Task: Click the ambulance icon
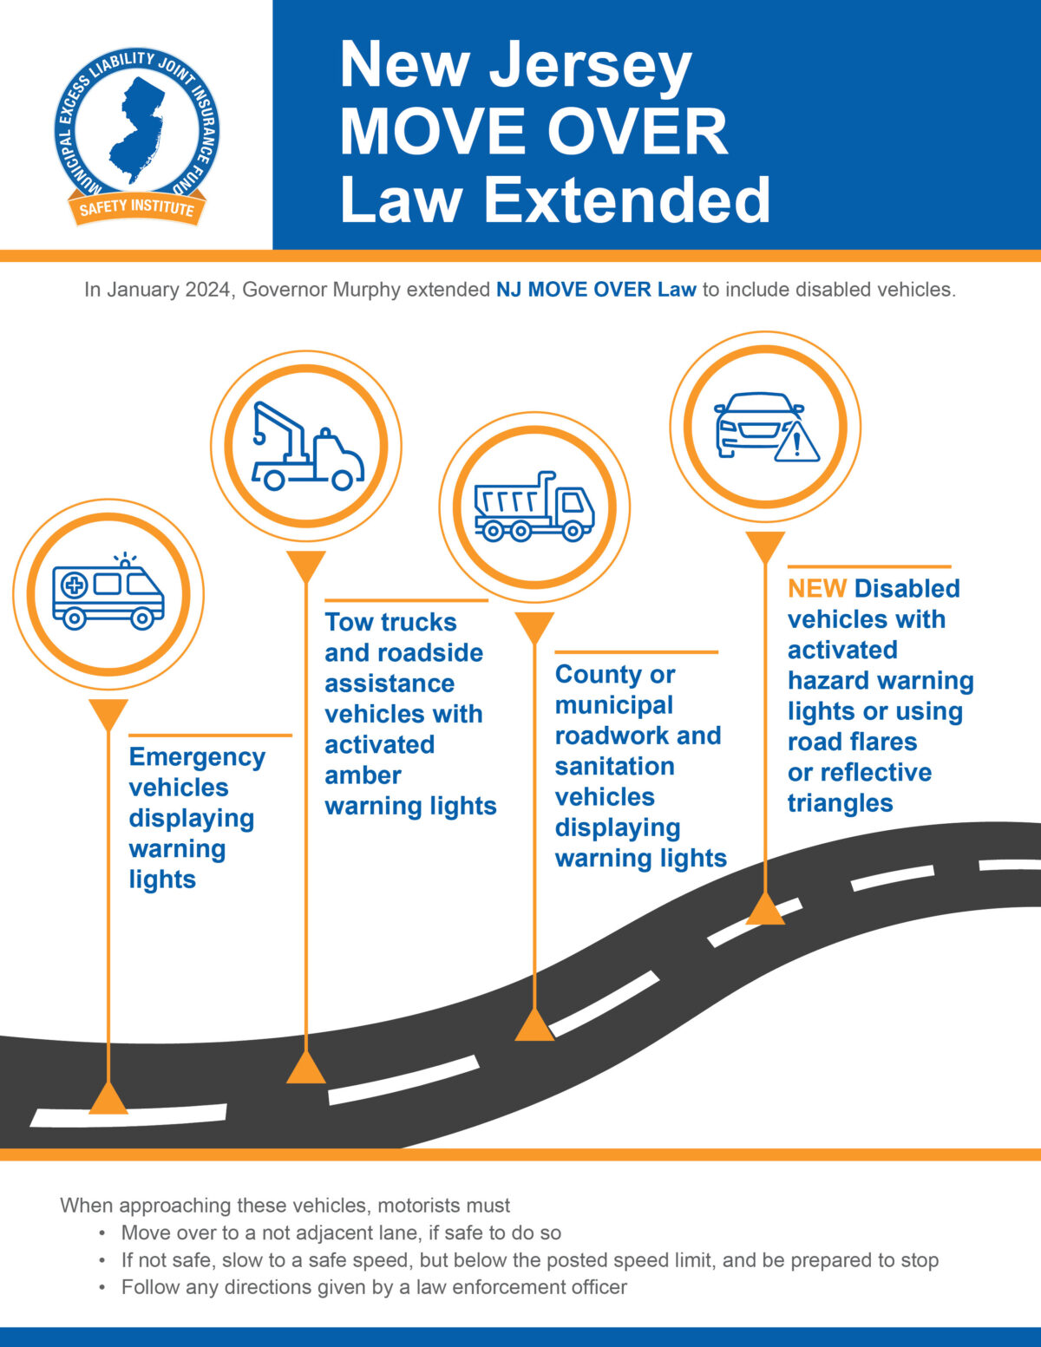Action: coord(108,595)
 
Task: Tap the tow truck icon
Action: coord(307,447)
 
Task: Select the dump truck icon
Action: coord(534,507)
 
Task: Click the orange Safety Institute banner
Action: coord(137,208)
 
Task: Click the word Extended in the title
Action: coord(626,199)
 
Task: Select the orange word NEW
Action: coord(816,588)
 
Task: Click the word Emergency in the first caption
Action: coord(197,757)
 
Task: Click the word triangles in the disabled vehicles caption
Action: coord(840,803)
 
